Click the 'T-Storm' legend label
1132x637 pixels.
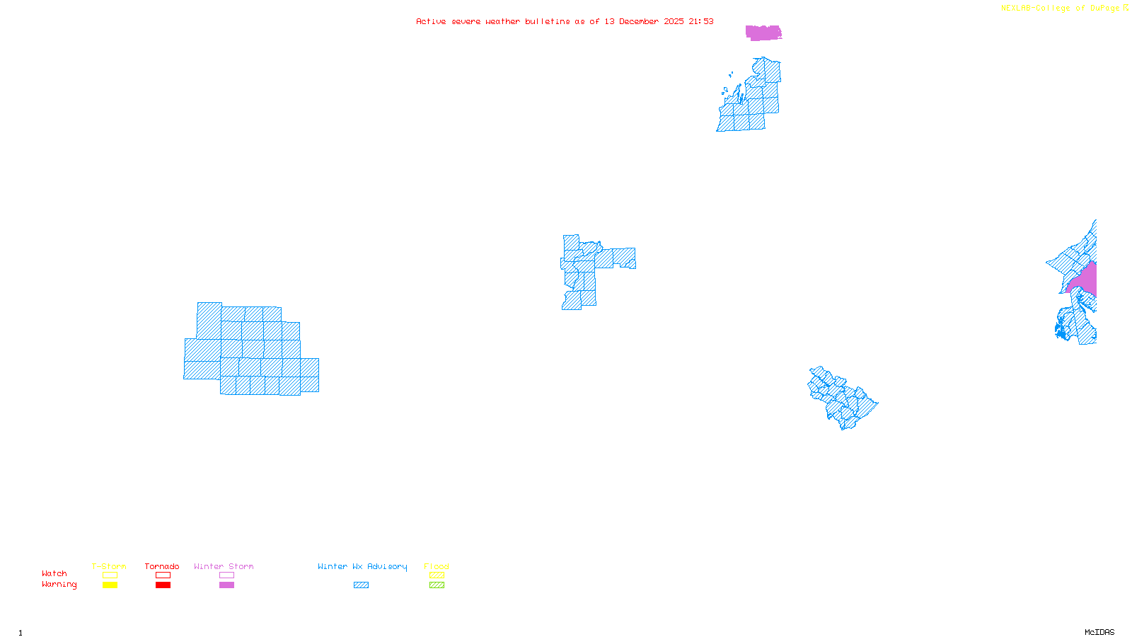[109, 566]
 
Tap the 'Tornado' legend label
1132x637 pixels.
[162, 566]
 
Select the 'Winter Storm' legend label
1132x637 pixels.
[224, 566]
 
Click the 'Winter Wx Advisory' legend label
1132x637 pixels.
[362, 566]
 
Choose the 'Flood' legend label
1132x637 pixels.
[437, 566]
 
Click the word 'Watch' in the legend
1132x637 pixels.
[54, 573]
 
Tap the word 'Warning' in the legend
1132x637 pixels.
[59, 585]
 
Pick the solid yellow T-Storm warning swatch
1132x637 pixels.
[110, 585]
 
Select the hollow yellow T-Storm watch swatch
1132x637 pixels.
[110, 575]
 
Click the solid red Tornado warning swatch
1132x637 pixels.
[163, 585]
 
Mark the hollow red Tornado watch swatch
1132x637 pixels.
[163, 575]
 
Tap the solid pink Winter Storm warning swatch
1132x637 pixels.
[226, 585]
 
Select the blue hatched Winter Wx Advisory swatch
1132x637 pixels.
[361, 585]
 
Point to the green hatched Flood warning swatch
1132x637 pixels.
[437, 585]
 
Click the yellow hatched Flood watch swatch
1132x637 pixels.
[437, 575]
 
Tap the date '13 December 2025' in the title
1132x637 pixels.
[644, 21]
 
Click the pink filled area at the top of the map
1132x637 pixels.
[763, 33]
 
